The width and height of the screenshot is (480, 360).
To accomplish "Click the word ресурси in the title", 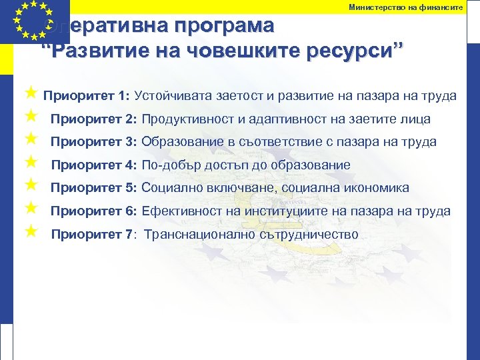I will click(353, 51).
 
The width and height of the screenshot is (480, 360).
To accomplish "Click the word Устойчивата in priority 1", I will click(174, 96).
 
